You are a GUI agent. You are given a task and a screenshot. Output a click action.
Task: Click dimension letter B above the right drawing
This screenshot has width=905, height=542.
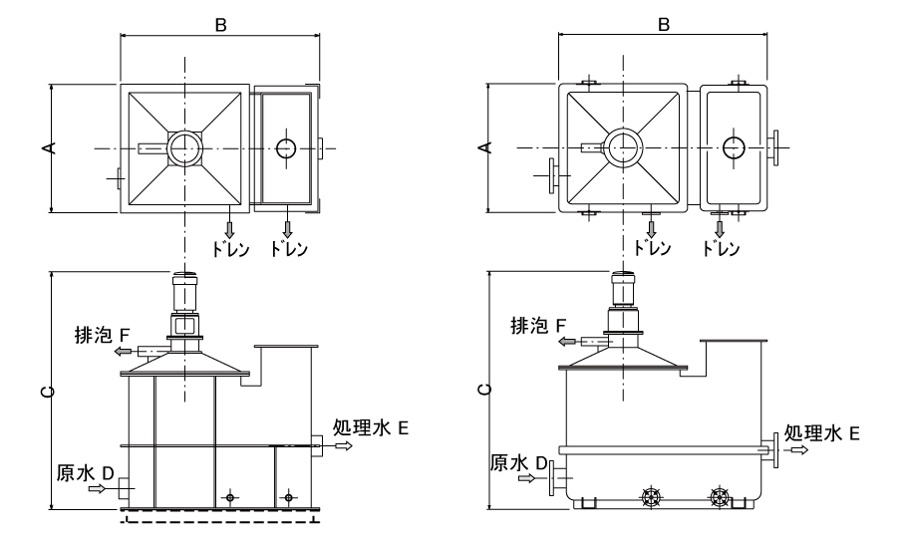pyautogui.click(x=662, y=25)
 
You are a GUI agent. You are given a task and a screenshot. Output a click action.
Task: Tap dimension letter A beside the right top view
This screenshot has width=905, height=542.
pyautogui.click(x=485, y=147)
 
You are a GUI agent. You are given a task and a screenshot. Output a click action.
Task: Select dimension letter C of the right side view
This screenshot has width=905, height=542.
pyautogui.click(x=485, y=390)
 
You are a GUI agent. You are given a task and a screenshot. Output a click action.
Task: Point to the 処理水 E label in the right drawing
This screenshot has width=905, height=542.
pyautogui.click(x=820, y=432)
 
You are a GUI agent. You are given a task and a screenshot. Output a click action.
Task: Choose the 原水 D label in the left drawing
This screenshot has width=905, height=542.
pyautogui.click(x=87, y=469)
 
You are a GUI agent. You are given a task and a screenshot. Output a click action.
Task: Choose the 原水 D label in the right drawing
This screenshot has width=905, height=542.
pyautogui.click(x=519, y=463)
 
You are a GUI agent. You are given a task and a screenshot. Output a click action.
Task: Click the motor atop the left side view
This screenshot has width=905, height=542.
pyautogui.click(x=184, y=294)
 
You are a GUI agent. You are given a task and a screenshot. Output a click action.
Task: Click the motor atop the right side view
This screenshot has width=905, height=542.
pyautogui.click(x=625, y=288)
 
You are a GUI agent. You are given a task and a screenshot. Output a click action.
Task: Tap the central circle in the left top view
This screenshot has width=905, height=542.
pyautogui.click(x=184, y=148)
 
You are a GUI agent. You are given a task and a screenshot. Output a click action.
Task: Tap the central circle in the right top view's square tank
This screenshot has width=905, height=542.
pyautogui.click(x=625, y=147)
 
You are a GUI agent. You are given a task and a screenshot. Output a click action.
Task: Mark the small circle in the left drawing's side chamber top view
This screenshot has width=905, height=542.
pyautogui.click(x=286, y=148)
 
